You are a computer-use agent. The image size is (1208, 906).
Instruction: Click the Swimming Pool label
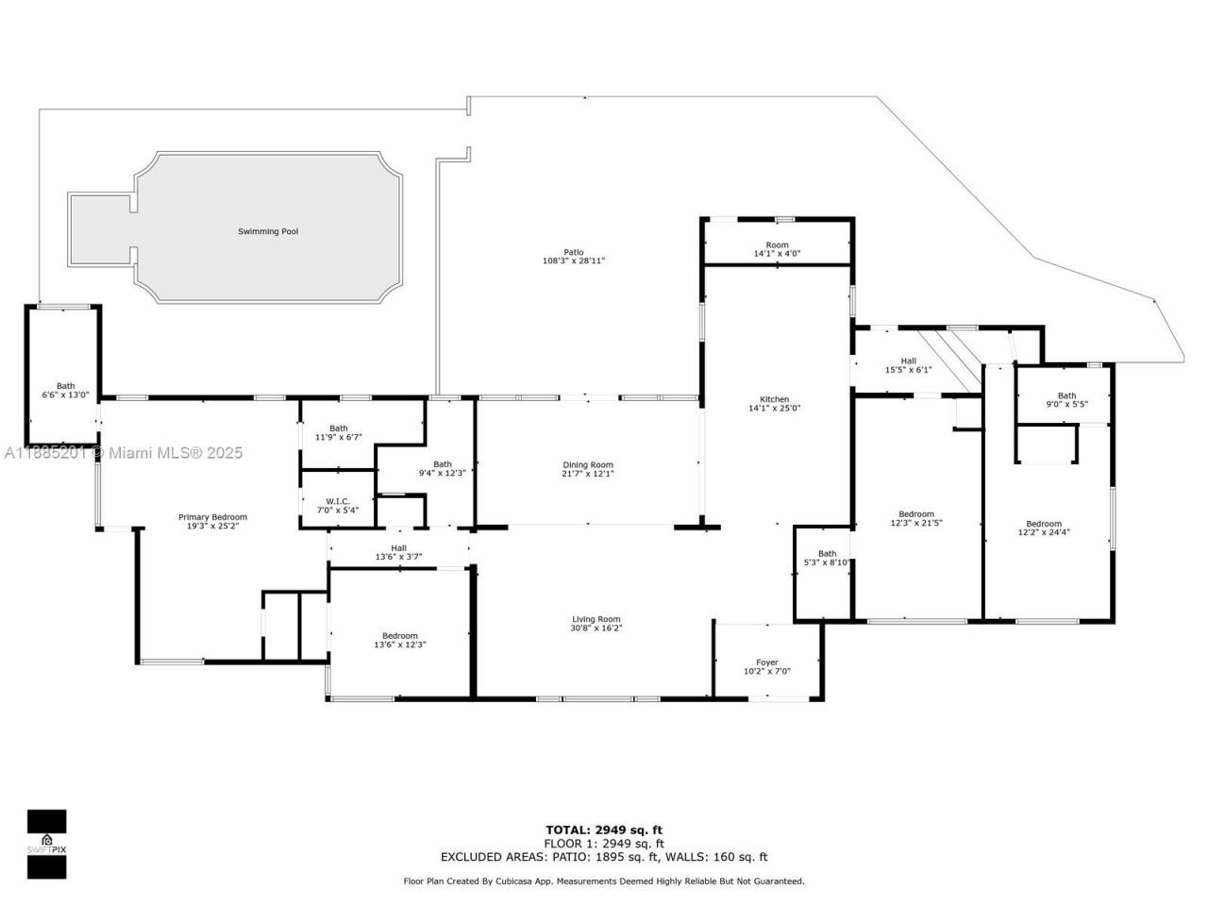tap(268, 231)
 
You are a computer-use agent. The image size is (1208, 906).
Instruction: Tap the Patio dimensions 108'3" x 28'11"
tap(573, 260)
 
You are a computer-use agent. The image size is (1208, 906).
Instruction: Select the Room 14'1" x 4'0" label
tap(777, 249)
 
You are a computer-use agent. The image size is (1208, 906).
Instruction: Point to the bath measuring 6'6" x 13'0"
tap(65, 390)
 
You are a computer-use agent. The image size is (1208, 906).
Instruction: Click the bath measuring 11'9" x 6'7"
tap(338, 432)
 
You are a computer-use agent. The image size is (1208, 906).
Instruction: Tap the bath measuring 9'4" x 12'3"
tap(442, 468)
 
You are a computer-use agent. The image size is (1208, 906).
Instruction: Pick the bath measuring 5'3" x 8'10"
tap(827, 558)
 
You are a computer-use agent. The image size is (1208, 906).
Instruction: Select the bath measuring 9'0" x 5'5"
tap(1066, 400)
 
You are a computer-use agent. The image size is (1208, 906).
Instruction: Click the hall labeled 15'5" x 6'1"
tap(908, 365)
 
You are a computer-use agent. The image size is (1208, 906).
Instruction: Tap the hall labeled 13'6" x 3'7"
tap(398, 552)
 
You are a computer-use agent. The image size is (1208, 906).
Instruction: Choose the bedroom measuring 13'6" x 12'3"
tap(399, 640)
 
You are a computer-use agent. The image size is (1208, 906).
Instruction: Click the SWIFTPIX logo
tap(46, 843)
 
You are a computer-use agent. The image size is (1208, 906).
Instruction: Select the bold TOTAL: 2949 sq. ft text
tap(603, 830)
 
